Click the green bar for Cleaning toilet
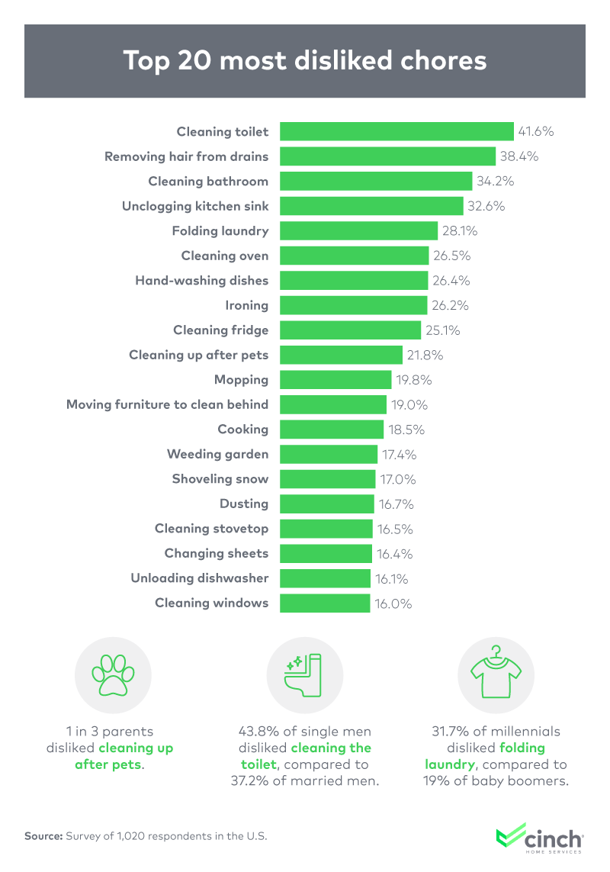(x=396, y=131)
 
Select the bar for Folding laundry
(x=358, y=230)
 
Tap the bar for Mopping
(x=334, y=379)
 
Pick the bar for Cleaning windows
(x=325, y=603)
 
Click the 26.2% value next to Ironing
(x=450, y=305)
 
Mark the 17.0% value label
(x=399, y=479)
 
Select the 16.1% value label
(x=393, y=578)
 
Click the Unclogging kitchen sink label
(x=195, y=206)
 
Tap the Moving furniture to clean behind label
(x=167, y=404)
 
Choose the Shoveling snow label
(x=220, y=479)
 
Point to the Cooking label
(x=242, y=429)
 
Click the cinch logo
(x=539, y=837)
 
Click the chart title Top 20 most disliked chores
(x=305, y=60)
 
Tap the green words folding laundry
(x=496, y=756)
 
